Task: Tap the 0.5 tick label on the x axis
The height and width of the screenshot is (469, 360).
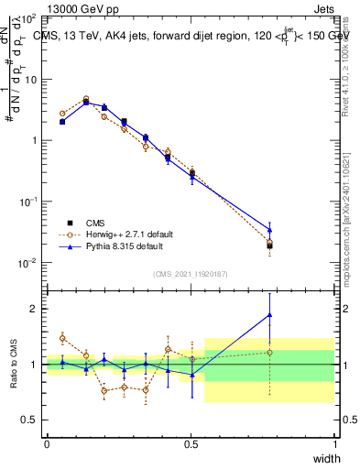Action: pyautogui.click(x=191, y=444)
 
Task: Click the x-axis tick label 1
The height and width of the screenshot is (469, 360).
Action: pyautogui.click(x=334, y=444)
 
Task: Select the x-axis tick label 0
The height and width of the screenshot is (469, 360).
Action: pyautogui.click(x=47, y=444)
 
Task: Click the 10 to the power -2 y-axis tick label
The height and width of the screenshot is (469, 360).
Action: pyautogui.click(x=30, y=263)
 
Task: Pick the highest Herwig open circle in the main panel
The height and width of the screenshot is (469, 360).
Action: pyautogui.click(x=86, y=98)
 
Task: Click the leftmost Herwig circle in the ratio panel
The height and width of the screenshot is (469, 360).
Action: pyautogui.click(x=62, y=338)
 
